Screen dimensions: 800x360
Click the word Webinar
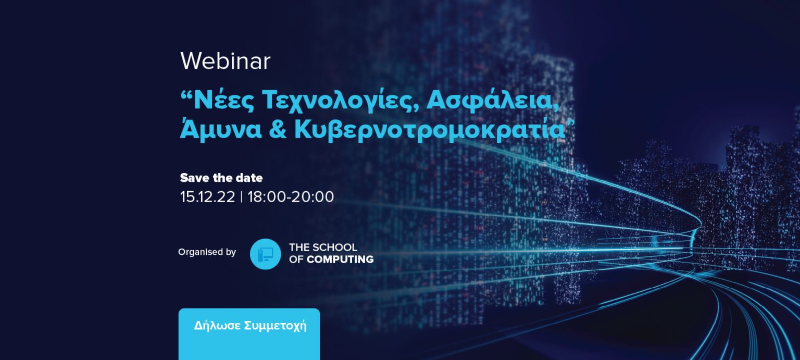226,61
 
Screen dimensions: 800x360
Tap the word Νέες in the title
223,101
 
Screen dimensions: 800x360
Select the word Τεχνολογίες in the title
340,102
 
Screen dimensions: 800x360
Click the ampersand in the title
278,129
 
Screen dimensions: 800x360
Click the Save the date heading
221,178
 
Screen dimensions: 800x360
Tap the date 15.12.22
207,197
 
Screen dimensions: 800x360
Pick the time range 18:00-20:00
291,197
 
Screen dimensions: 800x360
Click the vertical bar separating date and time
242,197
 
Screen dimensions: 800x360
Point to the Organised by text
207,252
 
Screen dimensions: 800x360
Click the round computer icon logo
265,254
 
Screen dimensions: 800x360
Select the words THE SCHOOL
323,247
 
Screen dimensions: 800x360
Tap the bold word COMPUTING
340,259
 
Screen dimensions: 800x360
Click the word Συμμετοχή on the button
276,326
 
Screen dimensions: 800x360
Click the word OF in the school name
296,259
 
